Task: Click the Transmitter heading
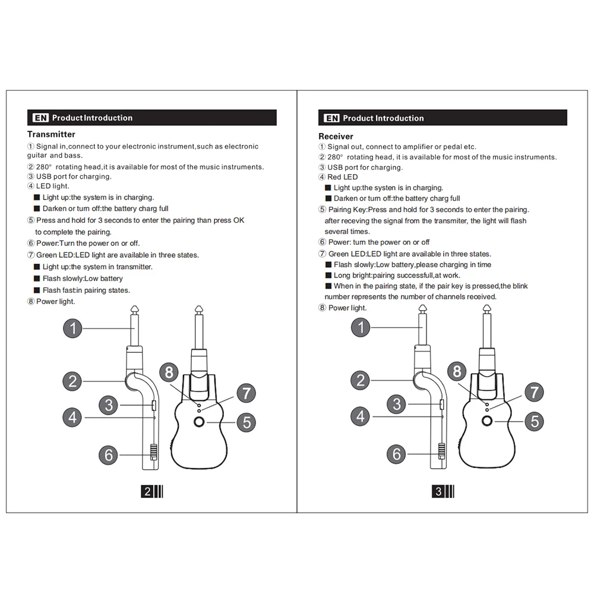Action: point(51,134)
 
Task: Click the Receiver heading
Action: point(336,137)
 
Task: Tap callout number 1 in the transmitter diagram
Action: point(72,328)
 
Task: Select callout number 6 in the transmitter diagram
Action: point(108,455)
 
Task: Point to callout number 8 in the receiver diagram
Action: point(457,371)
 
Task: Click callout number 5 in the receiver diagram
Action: point(534,421)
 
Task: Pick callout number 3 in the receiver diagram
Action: point(397,404)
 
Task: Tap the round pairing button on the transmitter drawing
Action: point(199,422)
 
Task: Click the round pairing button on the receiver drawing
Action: point(487,421)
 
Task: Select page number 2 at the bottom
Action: point(147,491)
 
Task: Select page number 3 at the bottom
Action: point(438,491)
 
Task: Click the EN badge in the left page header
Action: point(40,118)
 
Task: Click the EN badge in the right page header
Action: point(332,118)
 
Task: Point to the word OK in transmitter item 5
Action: point(239,220)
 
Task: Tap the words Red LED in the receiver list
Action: point(343,177)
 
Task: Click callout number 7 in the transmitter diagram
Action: point(247,393)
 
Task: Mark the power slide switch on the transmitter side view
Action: point(153,452)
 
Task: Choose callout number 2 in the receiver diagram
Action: point(361,380)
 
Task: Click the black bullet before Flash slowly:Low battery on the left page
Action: point(37,279)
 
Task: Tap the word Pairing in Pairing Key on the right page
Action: point(340,210)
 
